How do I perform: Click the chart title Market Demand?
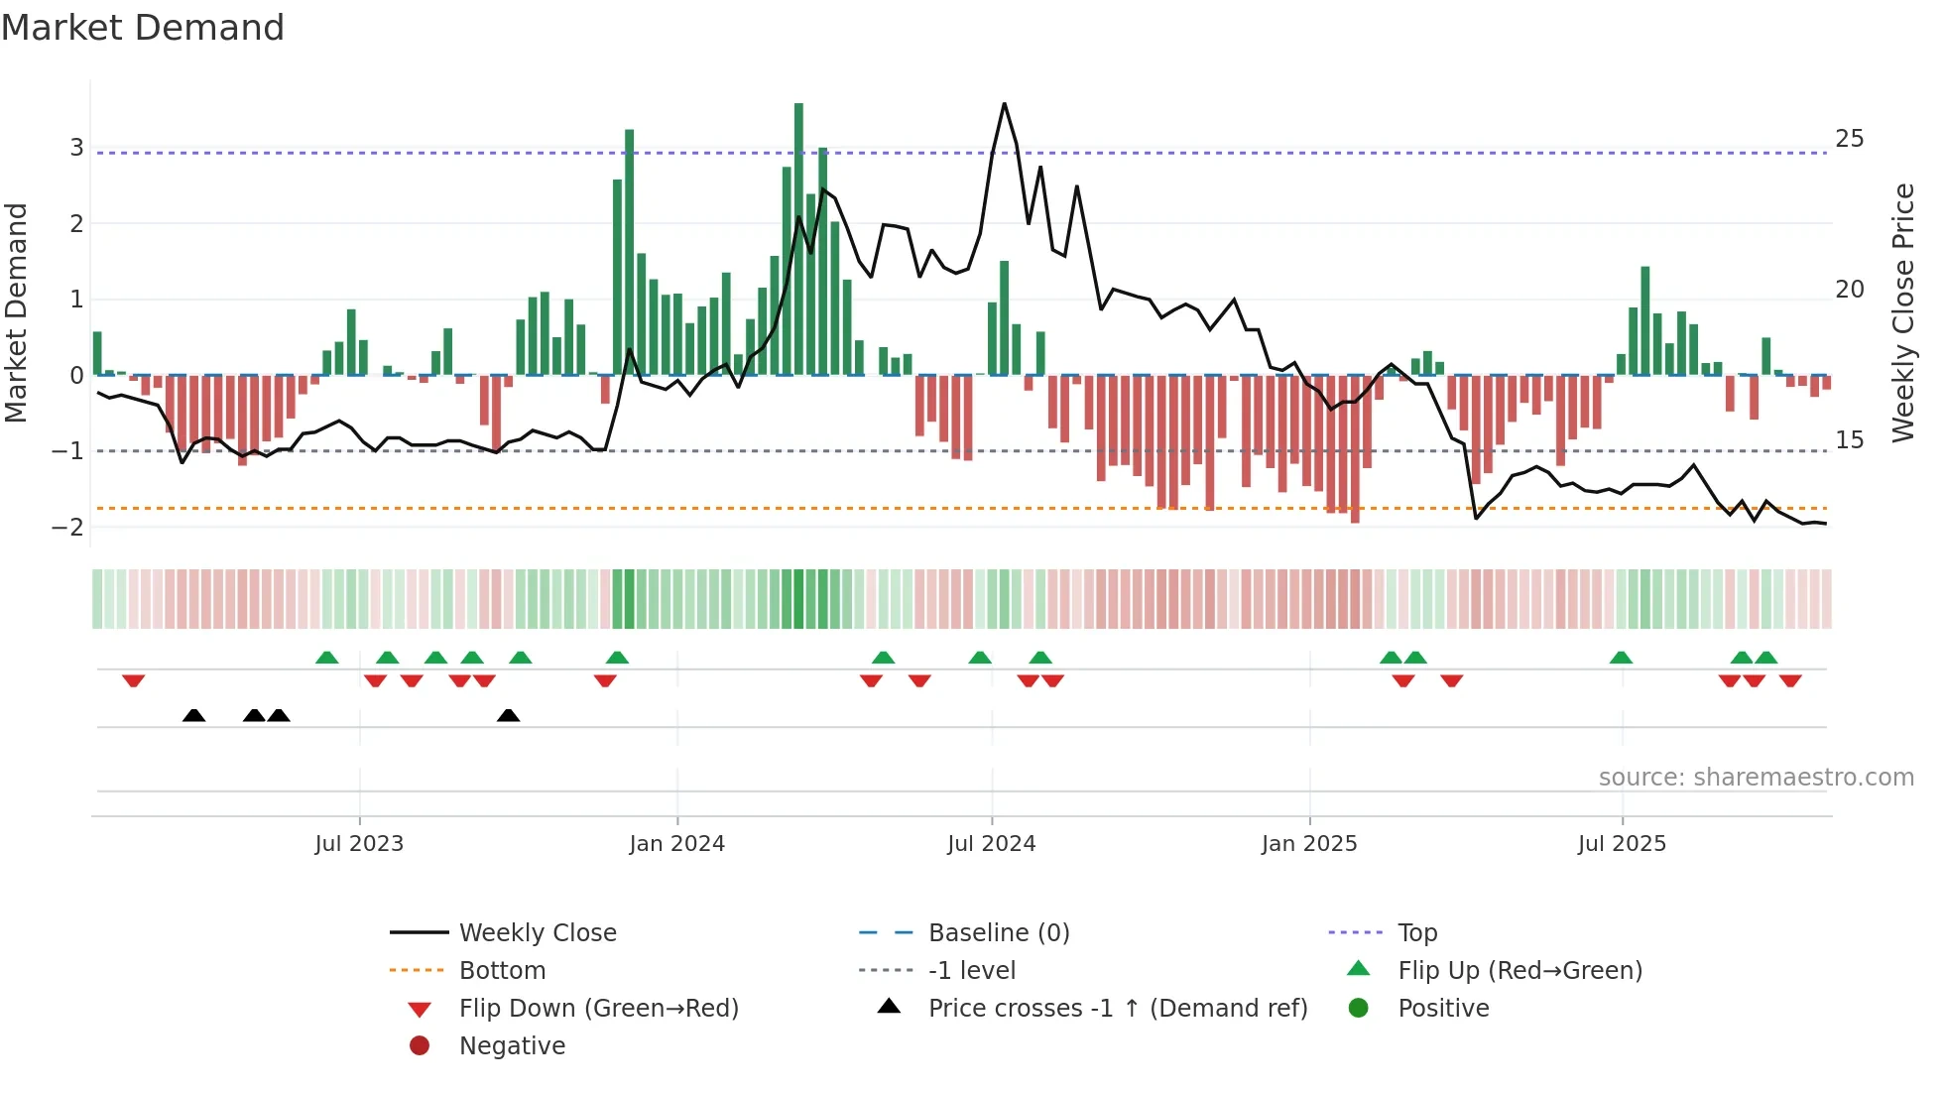pos(143,28)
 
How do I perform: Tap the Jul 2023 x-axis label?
pos(359,844)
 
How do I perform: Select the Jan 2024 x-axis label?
pos(676,844)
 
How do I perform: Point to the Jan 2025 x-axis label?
pos(1309,844)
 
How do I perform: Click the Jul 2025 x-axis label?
pos(1622,844)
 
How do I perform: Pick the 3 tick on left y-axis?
pos(76,148)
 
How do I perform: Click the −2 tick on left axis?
pos(68,528)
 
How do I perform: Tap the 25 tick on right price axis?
pos(1849,139)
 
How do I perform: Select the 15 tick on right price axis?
pos(1849,440)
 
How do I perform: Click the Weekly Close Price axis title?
pos(1902,312)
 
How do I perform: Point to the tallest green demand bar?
pos(798,238)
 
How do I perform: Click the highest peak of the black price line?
pos(1004,104)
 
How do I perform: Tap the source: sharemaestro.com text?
pos(1756,778)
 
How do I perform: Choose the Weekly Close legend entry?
pos(537,933)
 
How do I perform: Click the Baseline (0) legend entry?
pos(998,933)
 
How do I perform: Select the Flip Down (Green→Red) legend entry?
pos(598,1009)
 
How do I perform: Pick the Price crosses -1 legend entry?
pos(1117,1009)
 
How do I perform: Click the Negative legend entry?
pos(512,1046)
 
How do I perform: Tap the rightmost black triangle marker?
pos(508,715)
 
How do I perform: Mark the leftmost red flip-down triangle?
pos(134,680)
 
